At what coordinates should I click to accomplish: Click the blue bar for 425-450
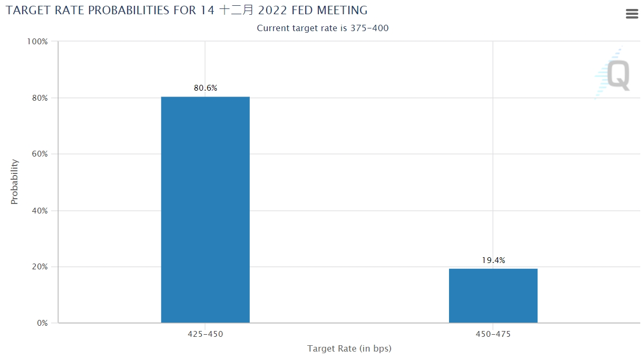[205, 209]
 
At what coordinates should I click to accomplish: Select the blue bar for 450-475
[493, 295]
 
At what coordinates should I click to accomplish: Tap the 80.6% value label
[205, 88]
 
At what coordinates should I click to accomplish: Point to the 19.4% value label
[493, 260]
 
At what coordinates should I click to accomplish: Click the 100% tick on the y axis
[37, 42]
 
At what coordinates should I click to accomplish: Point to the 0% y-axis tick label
[41, 323]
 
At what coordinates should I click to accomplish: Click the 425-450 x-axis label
[205, 334]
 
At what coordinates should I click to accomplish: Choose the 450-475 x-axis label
[493, 334]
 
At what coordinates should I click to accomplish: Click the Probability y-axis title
[14, 182]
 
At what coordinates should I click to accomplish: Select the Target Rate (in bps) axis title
[349, 348]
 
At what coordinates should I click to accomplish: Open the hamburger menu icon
[632, 14]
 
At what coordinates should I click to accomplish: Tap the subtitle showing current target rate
[323, 28]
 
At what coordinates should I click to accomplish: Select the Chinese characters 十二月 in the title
[232, 10]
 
